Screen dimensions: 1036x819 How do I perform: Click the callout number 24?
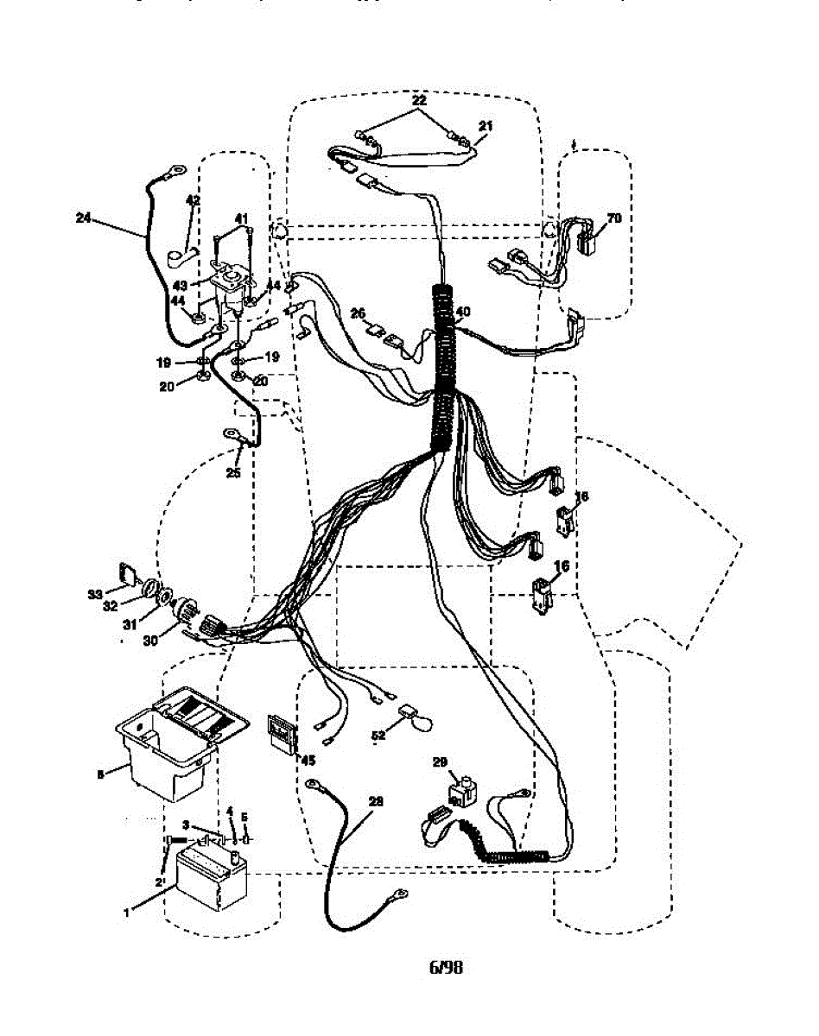(x=83, y=219)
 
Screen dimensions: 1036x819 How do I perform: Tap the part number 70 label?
(x=614, y=218)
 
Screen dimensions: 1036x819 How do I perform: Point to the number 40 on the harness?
(x=463, y=313)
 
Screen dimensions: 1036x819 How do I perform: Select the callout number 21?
(x=485, y=126)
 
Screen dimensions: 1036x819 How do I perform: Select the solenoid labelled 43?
(x=234, y=277)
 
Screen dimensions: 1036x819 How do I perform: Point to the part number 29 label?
(x=441, y=762)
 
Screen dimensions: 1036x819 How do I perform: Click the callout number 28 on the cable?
(x=374, y=800)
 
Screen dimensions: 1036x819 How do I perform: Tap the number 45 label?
(x=305, y=759)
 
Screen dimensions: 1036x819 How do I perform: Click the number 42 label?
(x=193, y=200)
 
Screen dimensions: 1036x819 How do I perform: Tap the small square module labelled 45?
(x=280, y=733)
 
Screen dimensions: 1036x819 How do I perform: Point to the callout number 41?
(x=241, y=218)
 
